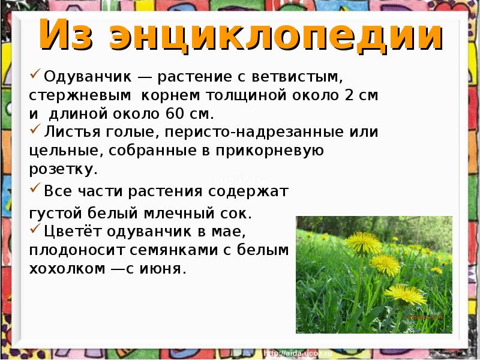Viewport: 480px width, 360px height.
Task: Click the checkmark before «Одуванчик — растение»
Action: coord(35,76)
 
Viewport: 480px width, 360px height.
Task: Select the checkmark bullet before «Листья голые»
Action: coord(35,129)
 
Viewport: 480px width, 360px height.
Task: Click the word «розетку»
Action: coord(61,169)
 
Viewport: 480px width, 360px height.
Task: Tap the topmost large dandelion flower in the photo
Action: coord(364,242)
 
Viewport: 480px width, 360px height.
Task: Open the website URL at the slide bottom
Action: coord(298,354)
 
